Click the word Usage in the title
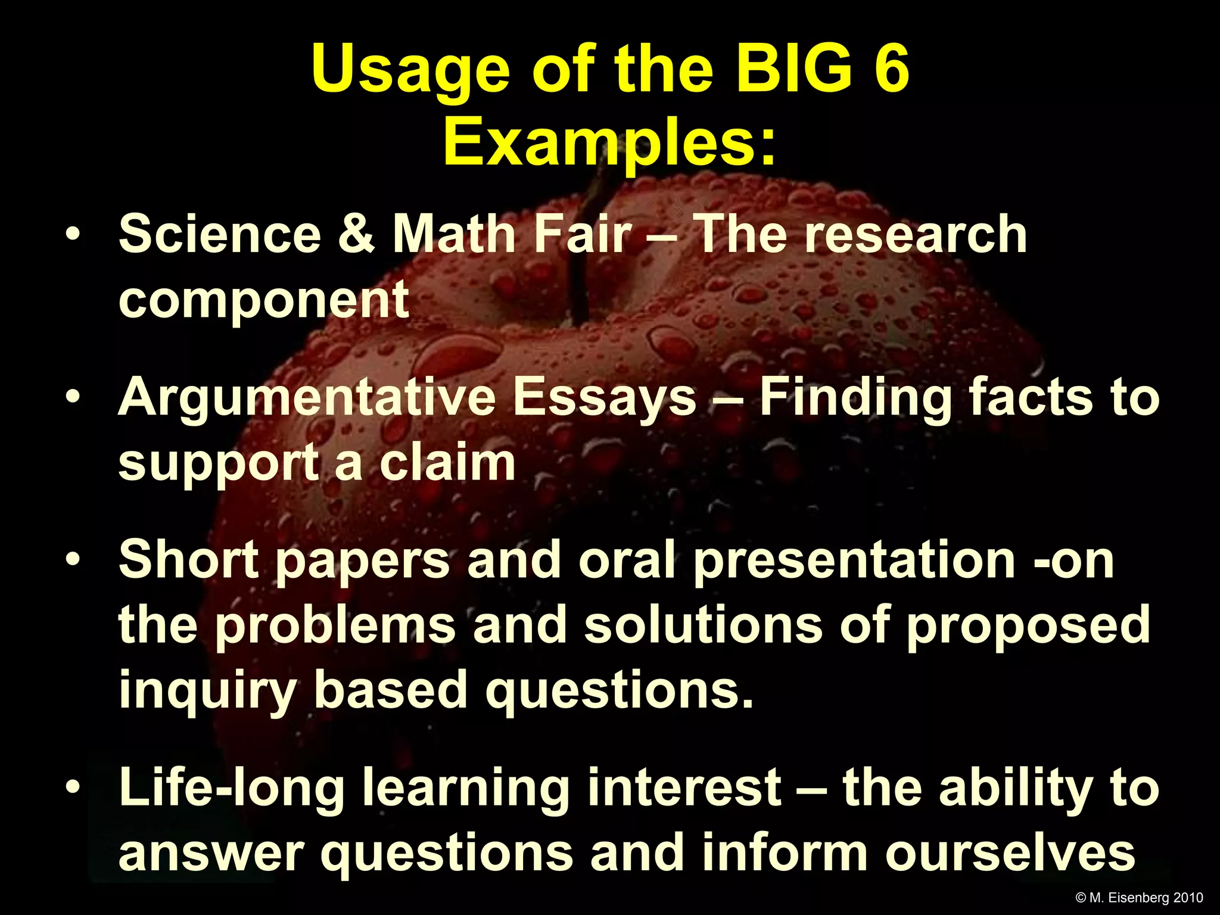tap(410, 70)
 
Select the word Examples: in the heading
tap(610, 143)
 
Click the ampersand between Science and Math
tap(356, 234)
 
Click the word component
tap(264, 300)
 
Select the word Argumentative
tap(306, 398)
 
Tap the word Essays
tap(604, 398)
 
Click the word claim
tap(447, 463)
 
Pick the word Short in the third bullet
tap(189, 560)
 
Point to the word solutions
tap(704, 625)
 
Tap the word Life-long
tap(232, 788)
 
